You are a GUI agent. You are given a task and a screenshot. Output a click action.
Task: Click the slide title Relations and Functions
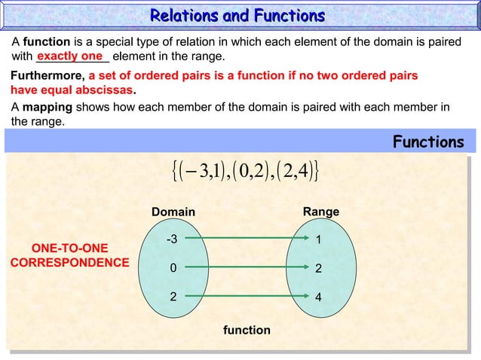tap(237, 16)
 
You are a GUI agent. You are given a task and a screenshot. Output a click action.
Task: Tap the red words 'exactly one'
tap(69, 56)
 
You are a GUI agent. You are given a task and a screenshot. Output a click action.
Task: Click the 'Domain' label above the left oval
tap(173, 212)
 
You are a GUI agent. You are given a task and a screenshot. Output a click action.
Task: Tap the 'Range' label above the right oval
tap(320, 212)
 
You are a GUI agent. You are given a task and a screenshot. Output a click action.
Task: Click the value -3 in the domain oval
tap(172, 240)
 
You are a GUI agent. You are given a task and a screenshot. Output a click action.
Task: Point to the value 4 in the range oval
tap(318, 297)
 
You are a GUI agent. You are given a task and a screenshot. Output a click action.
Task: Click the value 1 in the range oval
tap(318, 241)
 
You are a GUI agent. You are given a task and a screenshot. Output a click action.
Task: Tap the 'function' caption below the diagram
tap(247, 330)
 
